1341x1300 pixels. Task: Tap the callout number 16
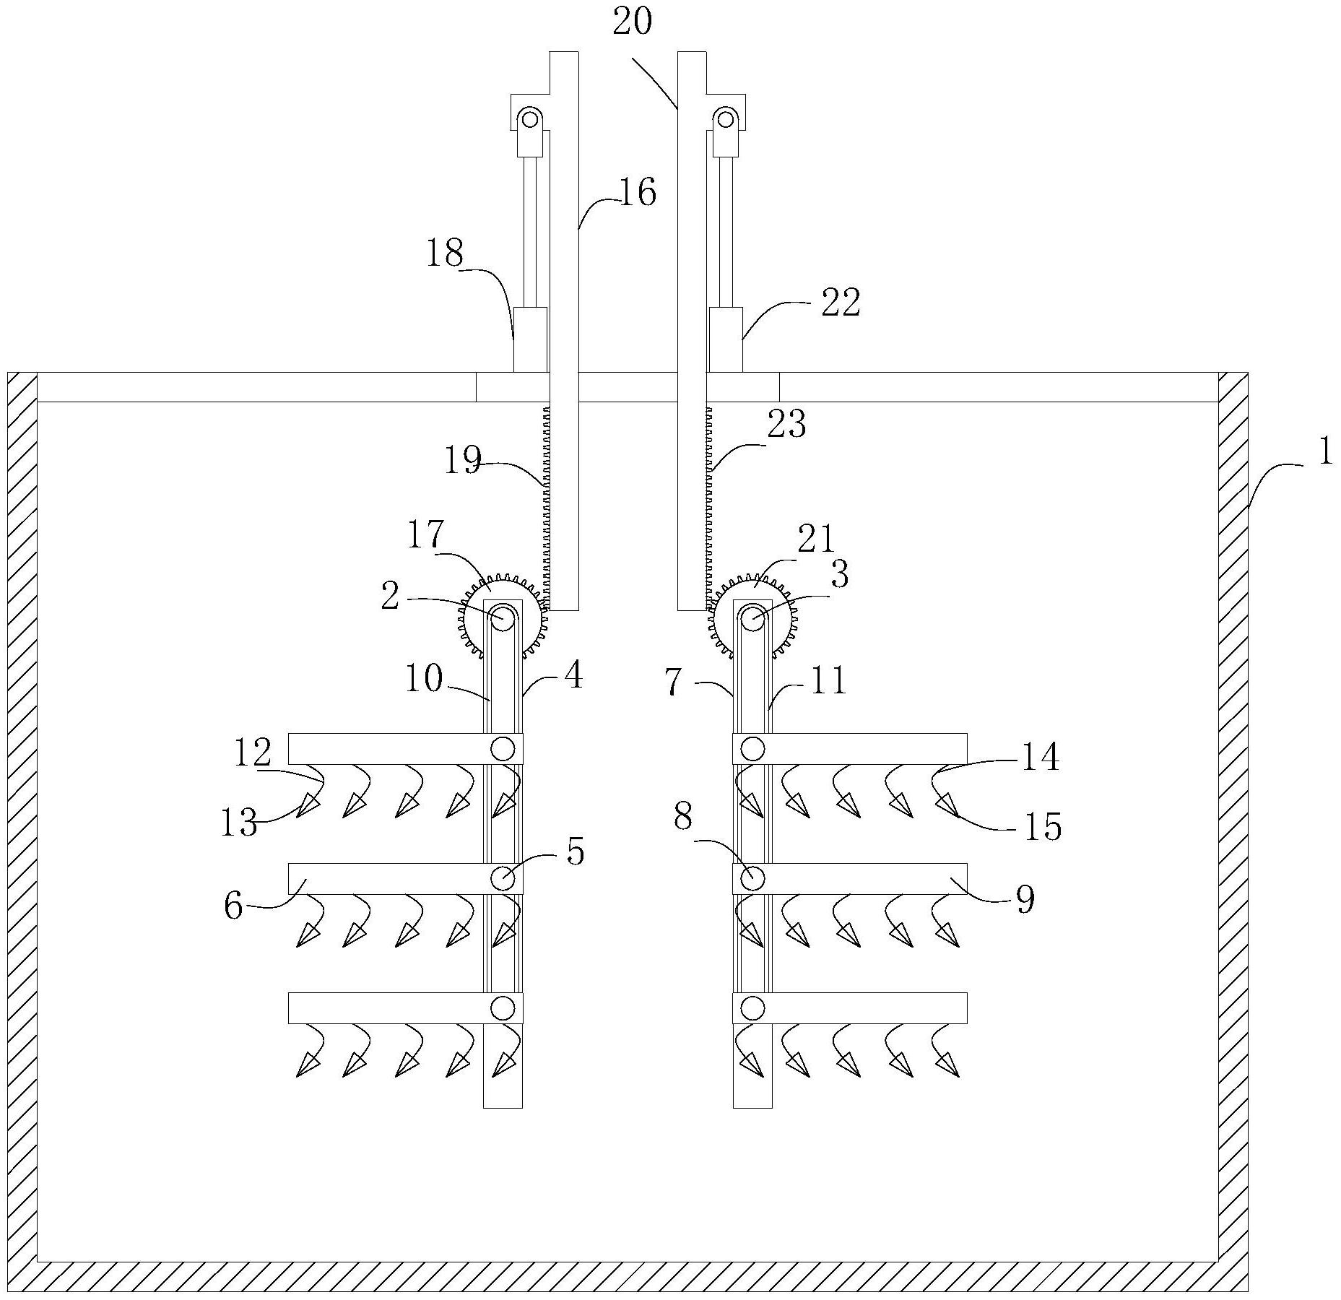coord(637,193)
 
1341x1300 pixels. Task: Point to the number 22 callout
coord(841,303)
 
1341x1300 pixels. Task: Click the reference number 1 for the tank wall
coord(1325,453)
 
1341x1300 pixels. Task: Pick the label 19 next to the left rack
coord(462,460)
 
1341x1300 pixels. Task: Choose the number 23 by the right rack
coord(786,425)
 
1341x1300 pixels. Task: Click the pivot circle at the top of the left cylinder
coord(531,118)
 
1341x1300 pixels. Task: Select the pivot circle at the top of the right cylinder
coord(724,118)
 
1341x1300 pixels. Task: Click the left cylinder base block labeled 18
coord(530,339)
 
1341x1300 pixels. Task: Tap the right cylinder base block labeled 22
coord(725,339)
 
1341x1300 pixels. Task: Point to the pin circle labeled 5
coord(503,878)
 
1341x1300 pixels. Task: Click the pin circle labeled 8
coord(752,878)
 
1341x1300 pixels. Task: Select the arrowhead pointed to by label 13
coord(308,804)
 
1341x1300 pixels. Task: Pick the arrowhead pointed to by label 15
coord(947,805)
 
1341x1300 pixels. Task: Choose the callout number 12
coord(252,753)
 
